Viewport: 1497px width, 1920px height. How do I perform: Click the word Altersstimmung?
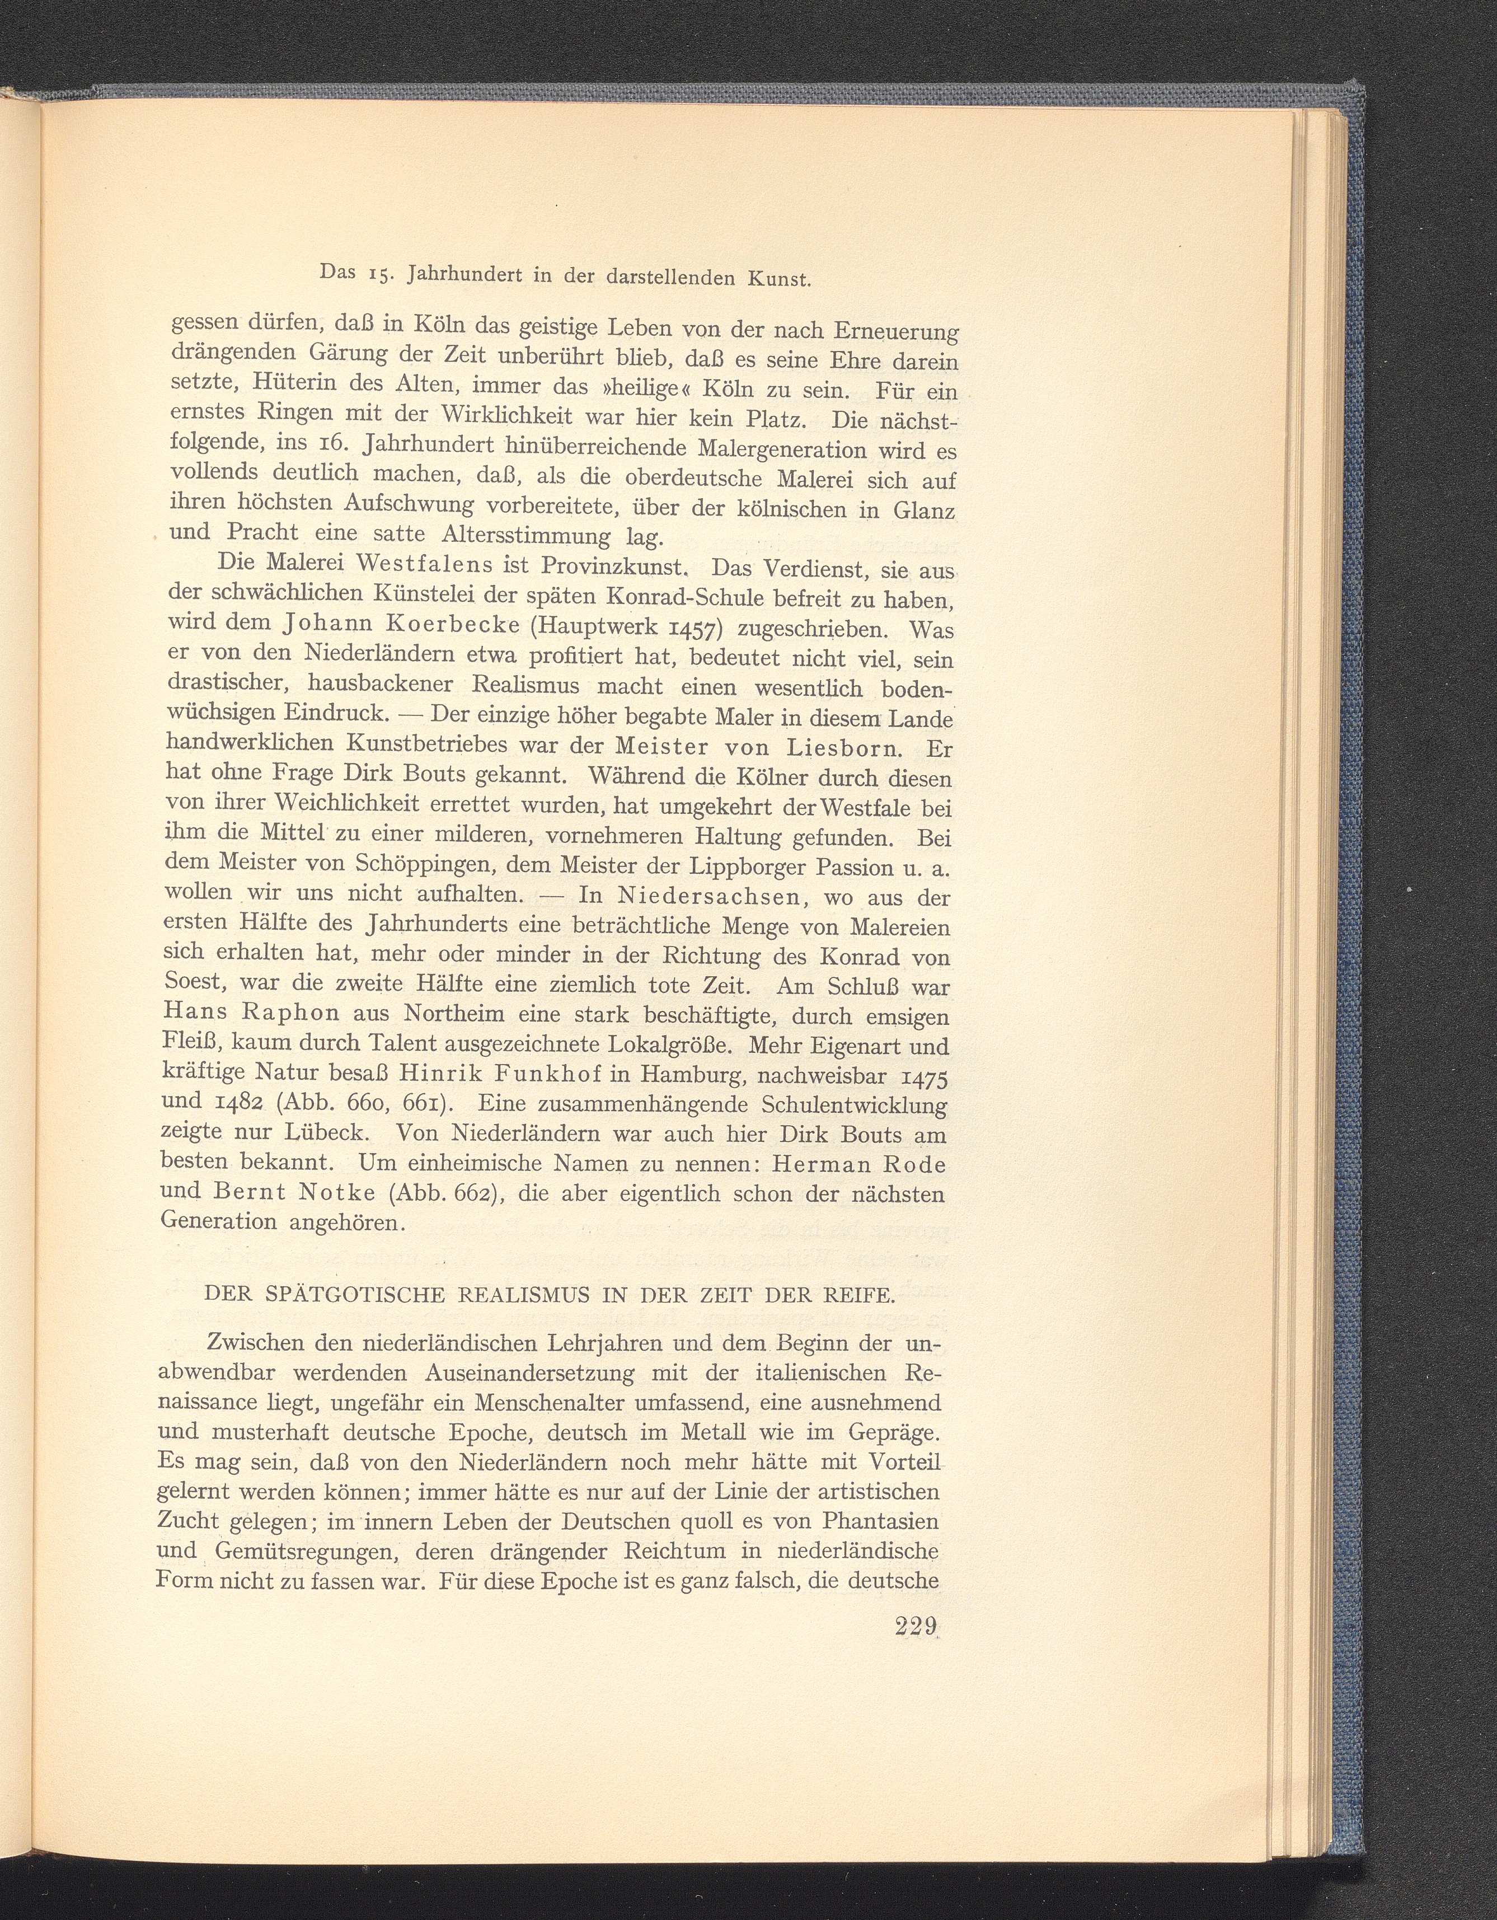tap(525, 536)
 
